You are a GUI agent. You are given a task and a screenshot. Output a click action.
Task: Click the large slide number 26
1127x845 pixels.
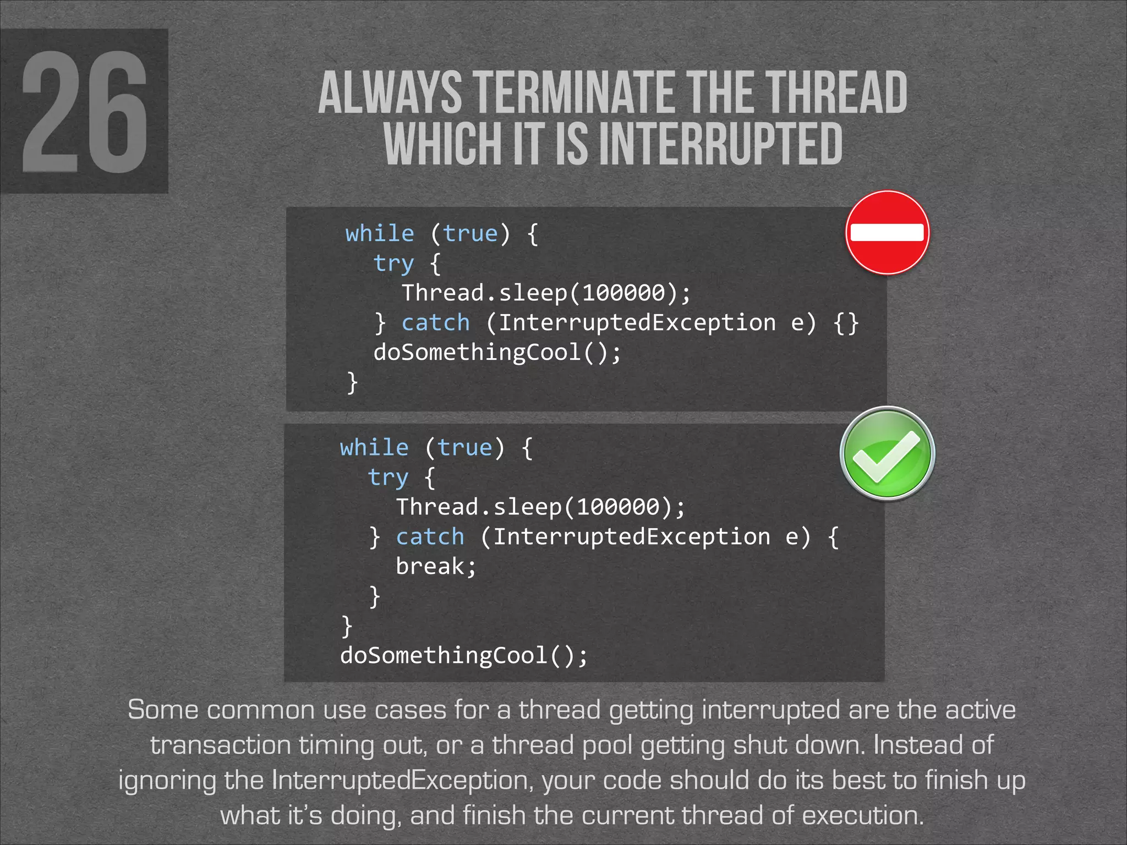(84, 112)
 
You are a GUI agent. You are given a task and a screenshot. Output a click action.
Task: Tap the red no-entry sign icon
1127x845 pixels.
(887, 233)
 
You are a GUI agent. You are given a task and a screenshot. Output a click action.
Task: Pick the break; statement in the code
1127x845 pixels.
(436, 567)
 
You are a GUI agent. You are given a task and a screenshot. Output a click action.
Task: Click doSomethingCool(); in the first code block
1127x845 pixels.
(497, 352)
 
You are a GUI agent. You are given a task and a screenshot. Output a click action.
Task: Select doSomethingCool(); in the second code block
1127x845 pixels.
(464, 655)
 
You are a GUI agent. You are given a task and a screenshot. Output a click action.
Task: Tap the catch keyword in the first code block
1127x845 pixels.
(436, 322)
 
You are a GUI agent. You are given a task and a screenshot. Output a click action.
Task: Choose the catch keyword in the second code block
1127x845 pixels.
(430, 537)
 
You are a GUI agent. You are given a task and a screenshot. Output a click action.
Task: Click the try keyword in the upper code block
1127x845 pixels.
(393, 263)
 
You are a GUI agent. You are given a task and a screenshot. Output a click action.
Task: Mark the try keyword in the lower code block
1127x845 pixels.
(388, 478)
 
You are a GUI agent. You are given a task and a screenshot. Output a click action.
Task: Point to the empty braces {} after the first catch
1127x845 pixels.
(846, 322)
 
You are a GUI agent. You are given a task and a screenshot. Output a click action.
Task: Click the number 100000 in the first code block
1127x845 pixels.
(623, 293)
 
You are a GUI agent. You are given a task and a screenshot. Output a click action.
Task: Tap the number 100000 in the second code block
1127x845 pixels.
(618, 507)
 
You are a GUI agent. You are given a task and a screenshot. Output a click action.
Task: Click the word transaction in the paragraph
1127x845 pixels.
(220, 745)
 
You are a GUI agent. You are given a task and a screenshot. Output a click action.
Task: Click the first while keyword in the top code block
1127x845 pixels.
(380, 233)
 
